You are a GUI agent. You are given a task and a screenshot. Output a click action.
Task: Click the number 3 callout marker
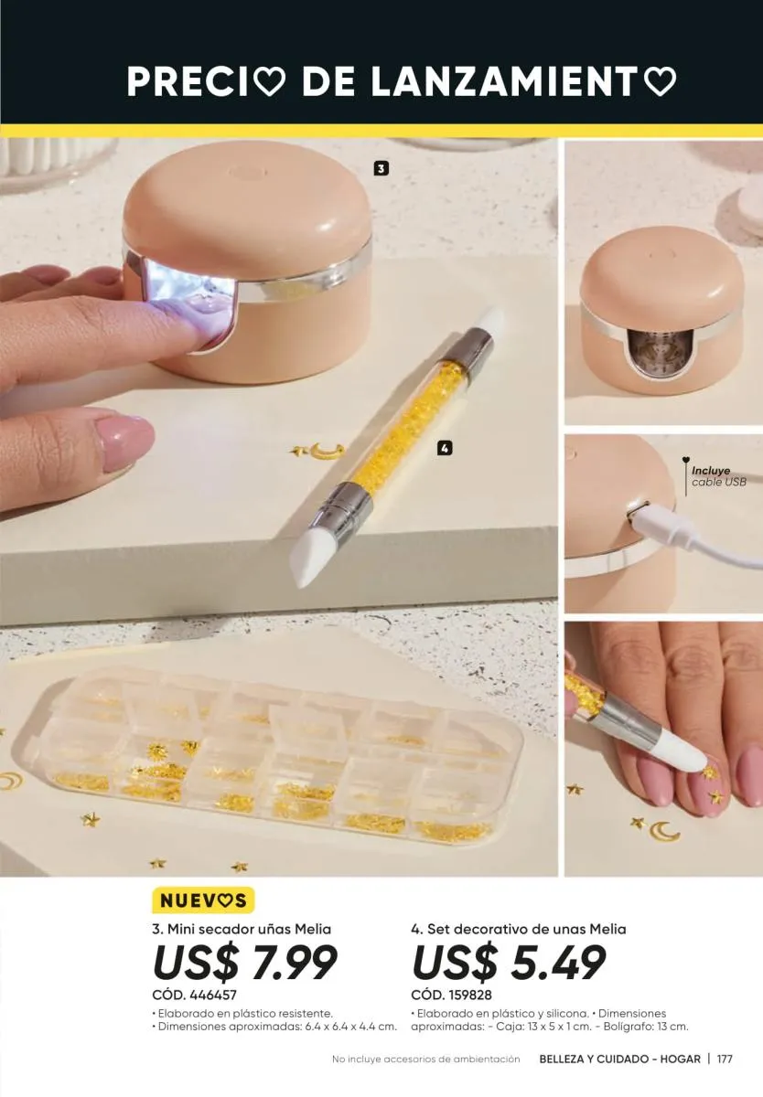381,169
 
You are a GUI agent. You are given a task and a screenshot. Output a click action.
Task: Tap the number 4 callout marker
445,448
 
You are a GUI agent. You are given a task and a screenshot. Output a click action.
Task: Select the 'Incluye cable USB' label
719,476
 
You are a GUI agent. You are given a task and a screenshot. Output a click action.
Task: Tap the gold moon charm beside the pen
328,452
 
